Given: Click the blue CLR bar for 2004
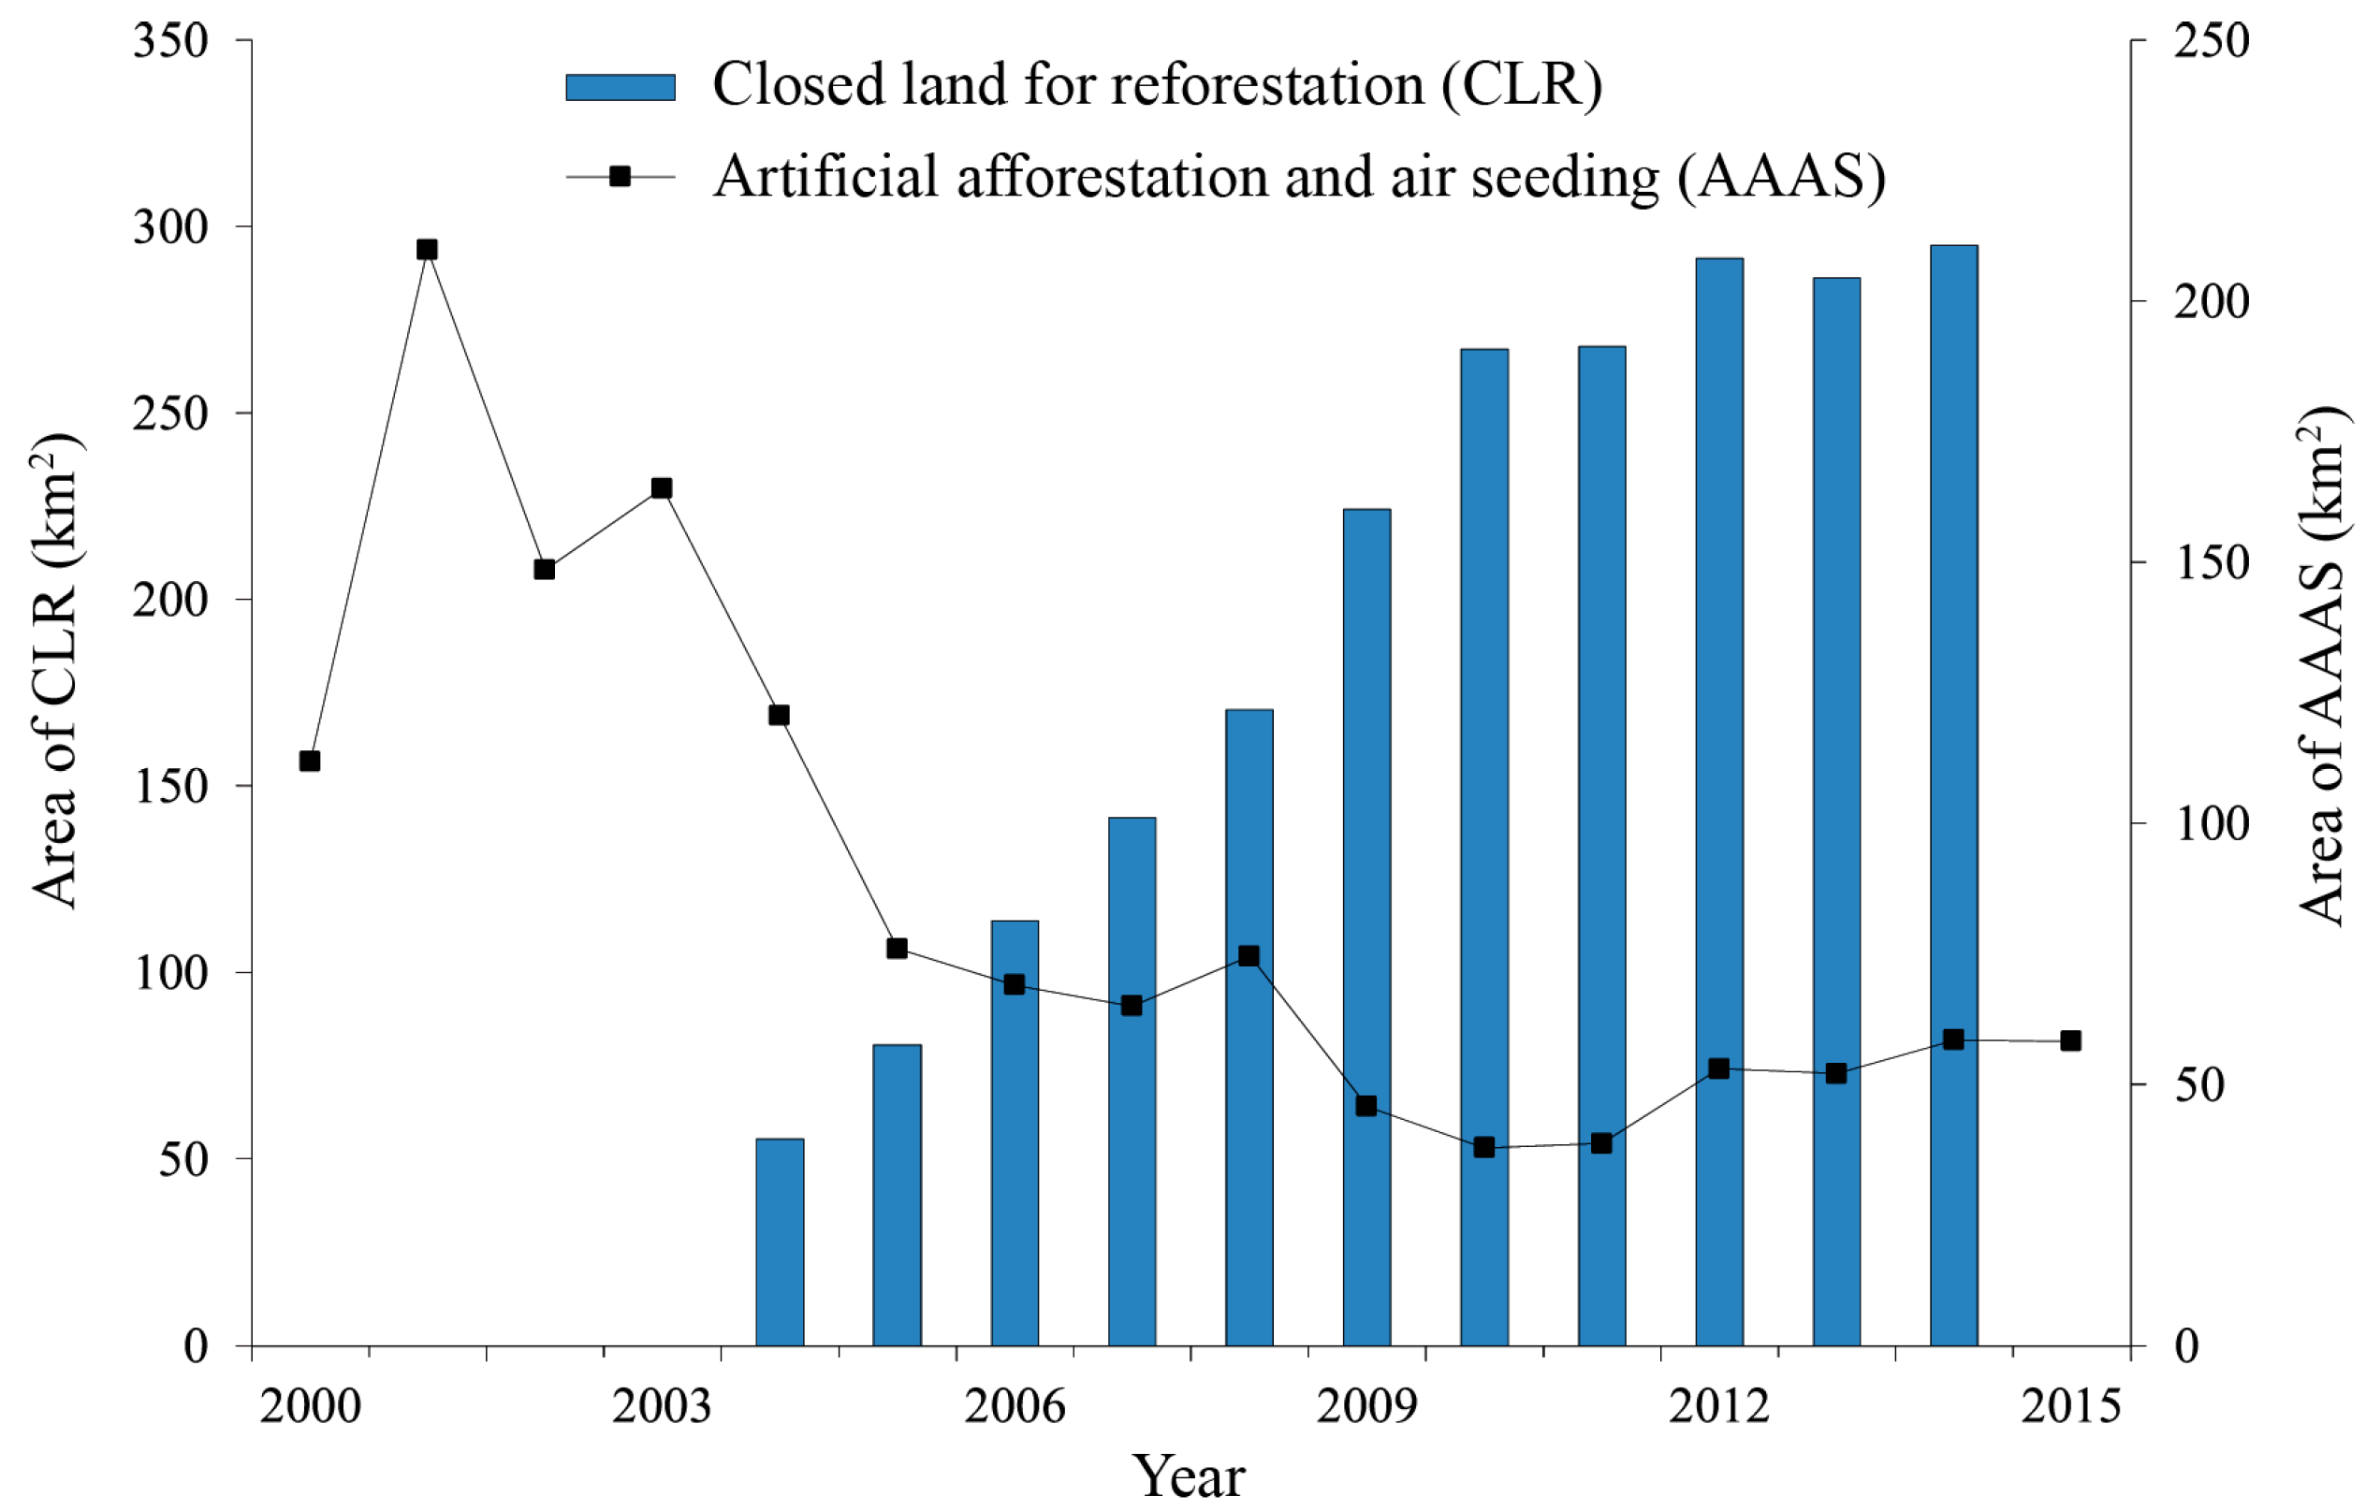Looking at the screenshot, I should click(x=780, y=1242).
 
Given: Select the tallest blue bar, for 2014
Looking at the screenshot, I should click(x=1953, y=796).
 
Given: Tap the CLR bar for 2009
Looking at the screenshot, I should click(x=1366, y=927).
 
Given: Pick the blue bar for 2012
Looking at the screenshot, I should click(x=1719, y=802).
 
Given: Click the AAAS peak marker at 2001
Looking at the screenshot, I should click(x=427, y=250).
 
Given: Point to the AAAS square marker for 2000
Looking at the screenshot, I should click(x=310, y=762).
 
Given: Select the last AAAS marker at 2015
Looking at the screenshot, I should click(x=2070, y=1040).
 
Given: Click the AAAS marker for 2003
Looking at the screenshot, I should click(x=662, y=488).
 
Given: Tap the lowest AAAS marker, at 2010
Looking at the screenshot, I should click(x=1484, y=1147).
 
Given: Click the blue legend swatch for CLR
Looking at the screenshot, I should click(x=620, y=87).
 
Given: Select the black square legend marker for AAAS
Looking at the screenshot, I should click(x=620, y=177).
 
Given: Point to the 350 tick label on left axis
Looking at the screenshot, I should click(x=171, y=41).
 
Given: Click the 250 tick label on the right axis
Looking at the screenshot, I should click(x=2211, y=41).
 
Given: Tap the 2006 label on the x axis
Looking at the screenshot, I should click(x=1014, y=1406).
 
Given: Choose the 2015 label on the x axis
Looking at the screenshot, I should click(x=2070, y=1406).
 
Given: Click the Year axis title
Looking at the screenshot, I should click(x=1188, y=1476).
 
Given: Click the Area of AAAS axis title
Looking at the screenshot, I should click(x=2323, y=665).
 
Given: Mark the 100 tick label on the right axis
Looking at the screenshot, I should click(x=2211, y=823).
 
